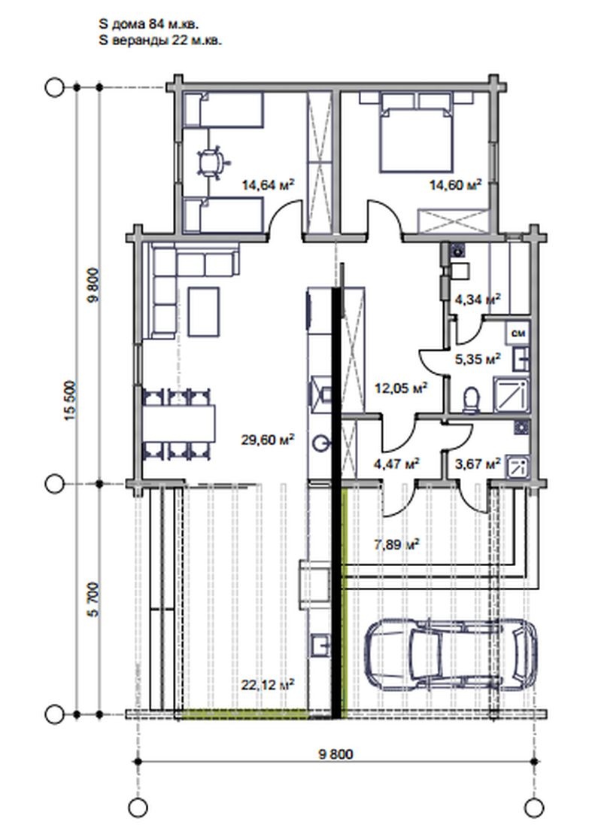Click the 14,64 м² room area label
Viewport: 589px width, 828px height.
click(x=268, y=184)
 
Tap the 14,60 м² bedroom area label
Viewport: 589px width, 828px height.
click(x=455, y=184)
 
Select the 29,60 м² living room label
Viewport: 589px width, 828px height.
click(x=268, y=440)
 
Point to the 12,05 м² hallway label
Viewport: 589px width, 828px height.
click(x=401, y=388)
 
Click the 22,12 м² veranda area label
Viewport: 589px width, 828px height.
click(x=268, y=684)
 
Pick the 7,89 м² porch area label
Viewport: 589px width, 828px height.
click(x=397, y=543)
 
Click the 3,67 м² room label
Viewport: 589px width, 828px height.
click(x=478, y=464)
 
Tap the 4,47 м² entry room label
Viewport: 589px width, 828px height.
click(x=396, y=464)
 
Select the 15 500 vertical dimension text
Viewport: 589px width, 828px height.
click(x=71, y=400)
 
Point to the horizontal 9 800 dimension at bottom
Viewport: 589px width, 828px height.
click(x=335, y=753)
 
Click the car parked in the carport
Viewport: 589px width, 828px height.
click(x=451, y=653)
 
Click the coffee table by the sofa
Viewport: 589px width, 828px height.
click(x=204, y=312)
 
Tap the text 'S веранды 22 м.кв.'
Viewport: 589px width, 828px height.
click(x=160, y=41)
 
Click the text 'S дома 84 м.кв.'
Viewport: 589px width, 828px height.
click(x=149, y=24)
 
